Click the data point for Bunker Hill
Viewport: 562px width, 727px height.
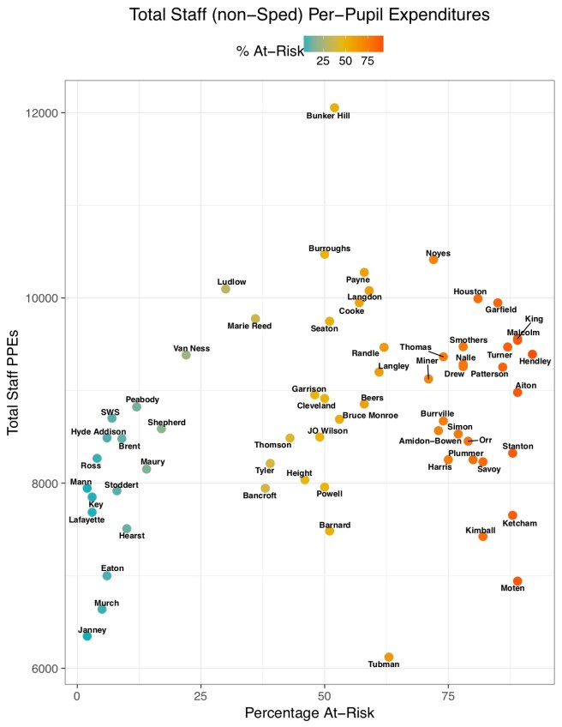tap(334, 107)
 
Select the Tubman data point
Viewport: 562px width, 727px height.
tap(389, 657)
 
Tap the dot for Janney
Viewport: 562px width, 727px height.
tap(87, 636)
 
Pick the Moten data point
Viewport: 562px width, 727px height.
tap(517, 581)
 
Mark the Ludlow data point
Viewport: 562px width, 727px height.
tap(226, 289)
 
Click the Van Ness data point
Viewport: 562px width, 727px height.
tap(186, 355)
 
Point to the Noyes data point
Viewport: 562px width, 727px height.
tap(433, 259)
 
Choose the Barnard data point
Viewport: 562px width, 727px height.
tap(329, 531)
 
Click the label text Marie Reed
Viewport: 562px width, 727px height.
tap(249, 326)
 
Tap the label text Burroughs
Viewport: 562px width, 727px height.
tap(329, 248)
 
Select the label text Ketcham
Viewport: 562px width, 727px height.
tap(520, 523)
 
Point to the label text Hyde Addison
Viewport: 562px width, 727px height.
tap(98, 431)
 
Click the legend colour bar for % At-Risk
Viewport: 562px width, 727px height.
tap(343, 44)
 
